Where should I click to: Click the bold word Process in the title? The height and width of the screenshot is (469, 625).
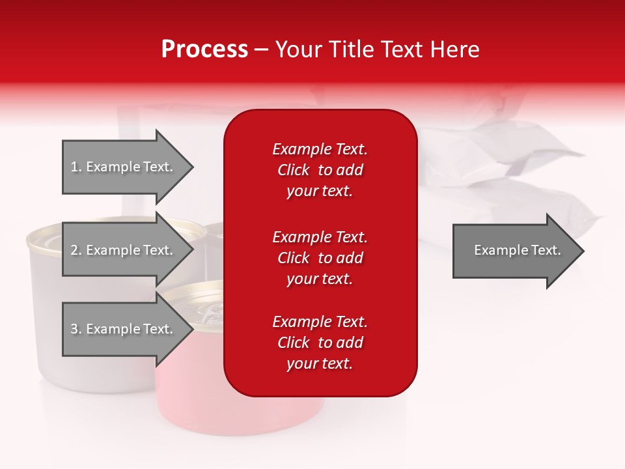(204, 50)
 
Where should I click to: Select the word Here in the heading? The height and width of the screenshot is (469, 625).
(454, 50)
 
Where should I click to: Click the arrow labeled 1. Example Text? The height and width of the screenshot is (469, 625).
(128, 167)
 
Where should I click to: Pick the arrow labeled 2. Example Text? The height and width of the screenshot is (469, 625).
(128, 249)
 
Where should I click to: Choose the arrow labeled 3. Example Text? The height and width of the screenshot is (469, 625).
(128, 328)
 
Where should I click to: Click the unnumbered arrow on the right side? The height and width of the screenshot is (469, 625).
(518, 251)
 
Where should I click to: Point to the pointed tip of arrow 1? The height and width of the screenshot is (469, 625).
(193, 167)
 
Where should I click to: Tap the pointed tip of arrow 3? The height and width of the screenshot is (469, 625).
(193, 328)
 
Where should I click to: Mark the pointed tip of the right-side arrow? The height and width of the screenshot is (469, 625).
(584, 251)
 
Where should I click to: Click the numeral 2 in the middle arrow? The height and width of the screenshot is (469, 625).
(74, 250)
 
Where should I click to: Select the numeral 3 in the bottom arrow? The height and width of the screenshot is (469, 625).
(74, 328)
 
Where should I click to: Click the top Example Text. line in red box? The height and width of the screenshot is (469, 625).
(320, 149)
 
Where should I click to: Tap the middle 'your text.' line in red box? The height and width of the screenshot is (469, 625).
(320, 279)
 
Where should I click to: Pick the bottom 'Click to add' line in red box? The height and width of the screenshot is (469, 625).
(320, 342)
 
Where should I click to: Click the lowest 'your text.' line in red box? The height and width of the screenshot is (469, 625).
(320, 363)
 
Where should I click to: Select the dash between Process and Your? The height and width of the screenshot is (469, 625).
(261, 51)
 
